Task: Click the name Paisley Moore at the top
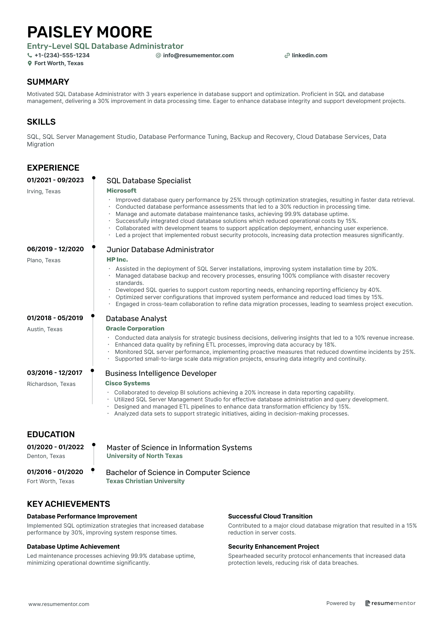(x=89, y=32)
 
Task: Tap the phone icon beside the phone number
(x=30, y=55)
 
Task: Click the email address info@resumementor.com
(x=198, y=55)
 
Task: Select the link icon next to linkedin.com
(x=287, y=56)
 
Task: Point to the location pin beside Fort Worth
(x=30, y=63)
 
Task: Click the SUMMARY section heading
(x=48, y=82)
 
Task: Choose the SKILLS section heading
(x=41, y=122)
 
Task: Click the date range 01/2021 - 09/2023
(x=55, y=180)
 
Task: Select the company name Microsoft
(x=121, y=190)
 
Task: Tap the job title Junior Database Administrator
(x=160, y=250)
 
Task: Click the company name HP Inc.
(x=117, y=259)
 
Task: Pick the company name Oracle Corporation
(x=135, y=328)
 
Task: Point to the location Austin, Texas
(x=45, y=329)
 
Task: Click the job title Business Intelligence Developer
(x=161, y=373)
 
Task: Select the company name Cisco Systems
(x=128, y=383)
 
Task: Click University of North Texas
(x=145, y=456)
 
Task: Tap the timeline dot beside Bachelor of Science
(x=93, y=470)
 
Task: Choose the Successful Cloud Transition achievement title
(x=270, y=516)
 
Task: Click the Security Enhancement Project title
(x=273, y=546)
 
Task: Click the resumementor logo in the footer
(x=390, y=603)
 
